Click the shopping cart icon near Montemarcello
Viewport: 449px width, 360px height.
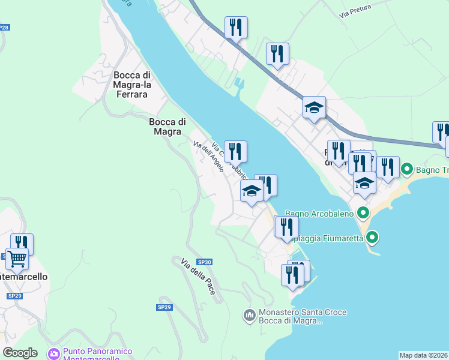17,260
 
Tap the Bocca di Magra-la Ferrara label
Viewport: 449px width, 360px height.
131,85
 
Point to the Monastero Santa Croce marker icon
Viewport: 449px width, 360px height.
250,314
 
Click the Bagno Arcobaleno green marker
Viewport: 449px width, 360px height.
363,212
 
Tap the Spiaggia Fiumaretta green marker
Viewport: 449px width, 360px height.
373,238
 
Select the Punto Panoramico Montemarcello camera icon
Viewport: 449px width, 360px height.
54,354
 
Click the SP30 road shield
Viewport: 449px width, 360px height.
205,262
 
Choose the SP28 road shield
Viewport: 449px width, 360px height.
4,28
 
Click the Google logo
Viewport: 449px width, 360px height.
20,353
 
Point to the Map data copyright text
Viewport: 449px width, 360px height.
424,355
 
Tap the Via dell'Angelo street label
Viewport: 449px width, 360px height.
208,154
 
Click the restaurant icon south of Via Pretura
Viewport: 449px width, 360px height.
277,55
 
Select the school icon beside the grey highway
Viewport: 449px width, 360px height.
314,108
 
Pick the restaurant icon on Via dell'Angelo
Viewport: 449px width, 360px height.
236,152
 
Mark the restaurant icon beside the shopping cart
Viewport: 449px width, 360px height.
22,244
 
